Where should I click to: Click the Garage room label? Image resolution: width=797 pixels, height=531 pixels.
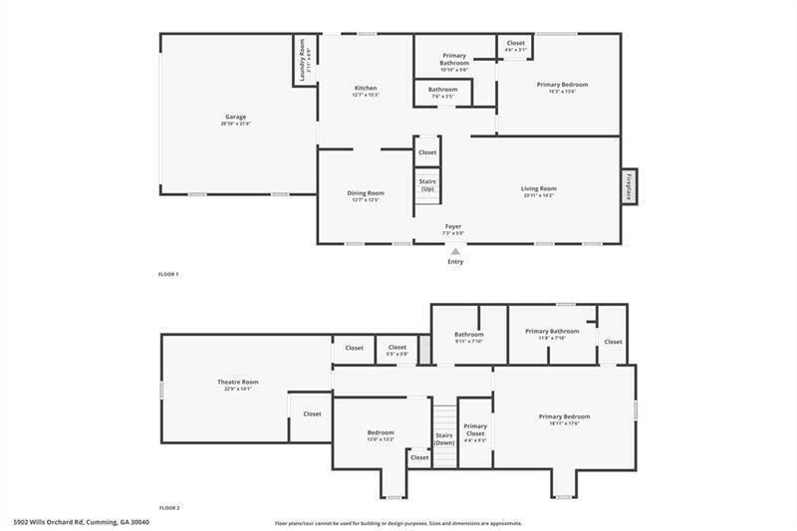point(235,118)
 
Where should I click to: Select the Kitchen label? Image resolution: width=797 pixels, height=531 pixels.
point(366,89)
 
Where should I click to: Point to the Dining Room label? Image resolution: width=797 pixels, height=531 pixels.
point(366,193)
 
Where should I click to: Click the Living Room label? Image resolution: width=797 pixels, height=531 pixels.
point(538,188)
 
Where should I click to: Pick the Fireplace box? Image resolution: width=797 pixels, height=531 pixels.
point(629,185)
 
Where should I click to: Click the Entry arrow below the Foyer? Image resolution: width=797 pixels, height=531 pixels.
point(455,252)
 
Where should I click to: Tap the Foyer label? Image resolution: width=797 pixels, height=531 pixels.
point(453,227)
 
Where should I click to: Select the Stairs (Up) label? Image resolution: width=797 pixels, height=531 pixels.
point(426,185)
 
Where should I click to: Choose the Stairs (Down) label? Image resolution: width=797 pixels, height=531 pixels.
point(444,438)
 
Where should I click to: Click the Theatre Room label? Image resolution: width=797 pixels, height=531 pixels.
point(238,383)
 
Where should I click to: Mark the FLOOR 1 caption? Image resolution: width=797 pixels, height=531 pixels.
point(168,273)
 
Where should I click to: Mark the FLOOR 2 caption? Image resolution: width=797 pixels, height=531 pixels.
point(169,507)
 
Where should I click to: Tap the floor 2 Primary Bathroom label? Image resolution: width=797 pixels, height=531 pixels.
point(552,332)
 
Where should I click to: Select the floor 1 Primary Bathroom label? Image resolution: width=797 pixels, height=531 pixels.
point(454,59)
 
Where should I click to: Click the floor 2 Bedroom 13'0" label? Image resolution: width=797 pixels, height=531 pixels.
point(381,433)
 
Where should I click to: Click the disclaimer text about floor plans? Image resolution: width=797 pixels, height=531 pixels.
point(398,523)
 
